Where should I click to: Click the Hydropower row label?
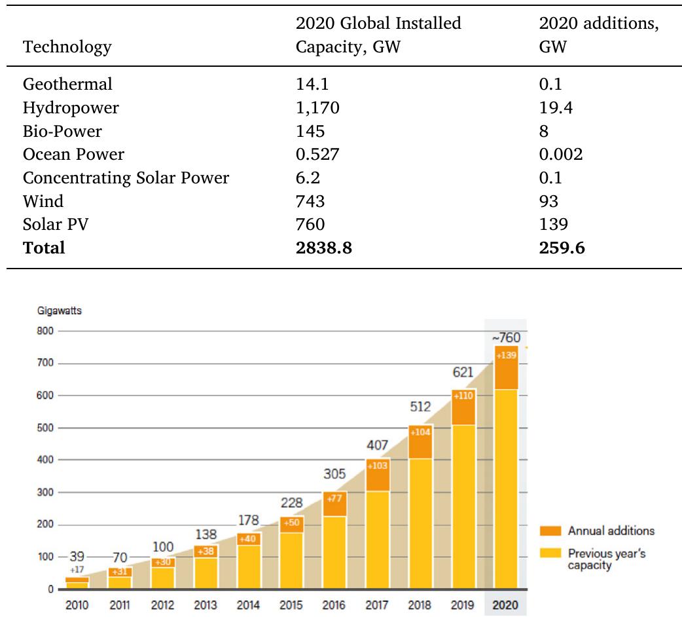(x=71, y=107)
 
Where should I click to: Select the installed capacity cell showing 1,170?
(x=317, y=107)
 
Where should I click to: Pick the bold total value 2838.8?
(x=324, y=248)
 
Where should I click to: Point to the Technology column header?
(x=67, y=47)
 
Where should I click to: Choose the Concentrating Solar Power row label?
(x=126, y=178)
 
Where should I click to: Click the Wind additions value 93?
(x=549, y=201)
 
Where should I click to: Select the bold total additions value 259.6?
(x=562, y=248)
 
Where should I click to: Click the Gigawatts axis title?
(x=59, y=310)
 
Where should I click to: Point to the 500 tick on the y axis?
(x=44, y=428)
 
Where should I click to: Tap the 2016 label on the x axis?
(x=334, y=605)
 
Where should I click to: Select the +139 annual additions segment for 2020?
(x=505, y=368)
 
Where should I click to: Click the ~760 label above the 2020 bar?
(x=505, y=337)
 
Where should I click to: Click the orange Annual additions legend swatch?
(x=550, y=531)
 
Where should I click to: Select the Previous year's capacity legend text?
(x=606, y=559)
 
